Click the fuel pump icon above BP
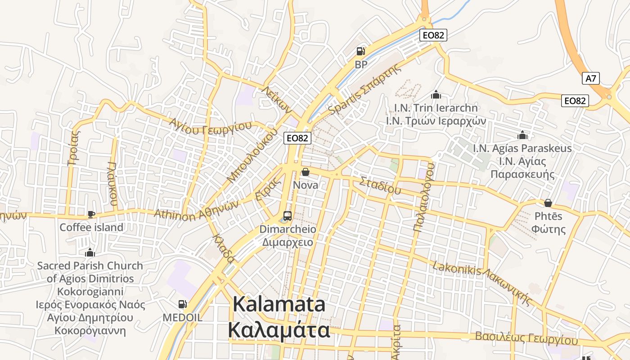[360, 51]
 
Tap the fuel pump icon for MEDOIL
[182, 304]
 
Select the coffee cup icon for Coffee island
[91, 214]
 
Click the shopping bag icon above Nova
[306, 172]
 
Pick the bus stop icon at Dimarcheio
[288, 216]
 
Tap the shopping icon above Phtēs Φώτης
[548, 203]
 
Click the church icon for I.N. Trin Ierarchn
[436, 95]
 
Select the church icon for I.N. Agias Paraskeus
[522, 135]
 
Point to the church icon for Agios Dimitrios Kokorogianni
[90, 252]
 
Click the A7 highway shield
[591, 78]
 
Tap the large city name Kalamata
[279, 305]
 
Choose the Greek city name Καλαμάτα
[279, 330]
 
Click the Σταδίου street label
[380, 185]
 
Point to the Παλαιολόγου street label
[424, 197]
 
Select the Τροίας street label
[72, 147]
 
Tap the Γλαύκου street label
[112, 183]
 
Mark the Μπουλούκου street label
[252, 155]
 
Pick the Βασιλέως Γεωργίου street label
[526, 338]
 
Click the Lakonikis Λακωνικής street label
[482, 284]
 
